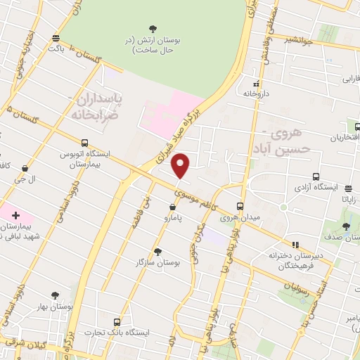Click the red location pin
(x=181, y=165)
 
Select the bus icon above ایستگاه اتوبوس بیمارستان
(x=84, y=141)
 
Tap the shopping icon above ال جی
(x=26, y=168)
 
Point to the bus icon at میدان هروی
(x=240, y=207)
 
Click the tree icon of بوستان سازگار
(x=157, y=251)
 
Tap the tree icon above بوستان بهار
(x=55, y=296)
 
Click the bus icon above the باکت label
(x=56, y=39)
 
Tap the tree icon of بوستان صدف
(x=345, y=226)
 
